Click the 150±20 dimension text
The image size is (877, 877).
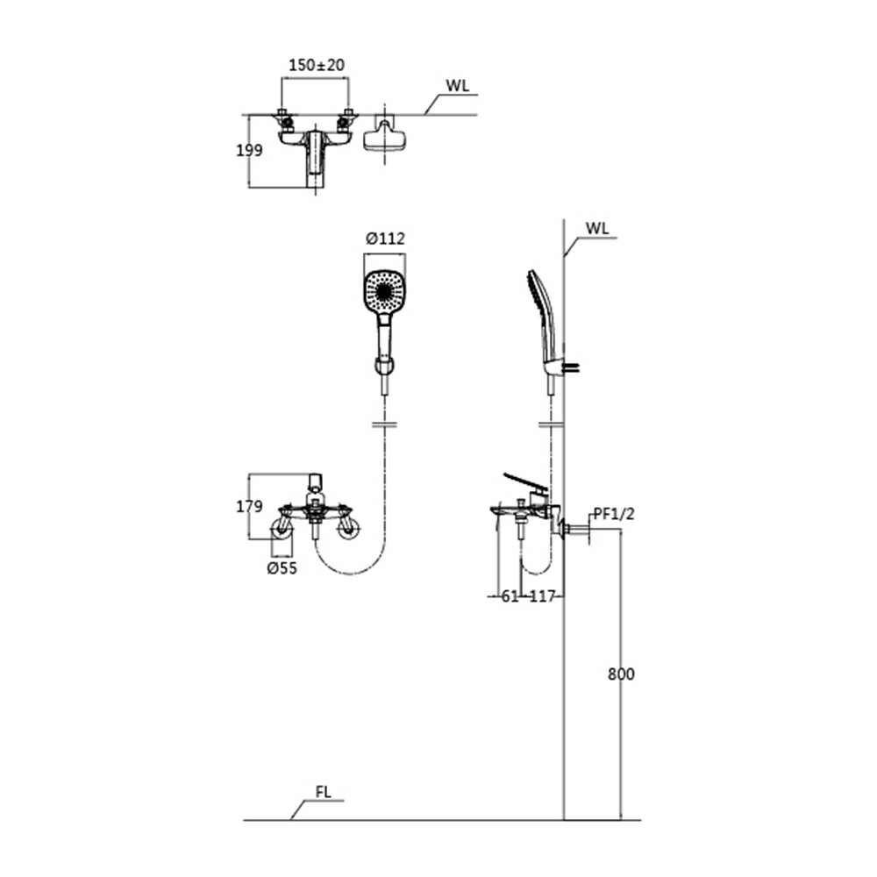317,65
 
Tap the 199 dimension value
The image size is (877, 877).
249,150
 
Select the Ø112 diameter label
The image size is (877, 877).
385,239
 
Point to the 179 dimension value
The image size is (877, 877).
249,506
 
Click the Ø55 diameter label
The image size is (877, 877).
282,568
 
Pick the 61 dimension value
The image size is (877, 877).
510,596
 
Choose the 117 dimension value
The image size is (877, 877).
542,596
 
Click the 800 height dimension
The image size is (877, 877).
622,674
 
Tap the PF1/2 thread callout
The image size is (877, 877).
614,513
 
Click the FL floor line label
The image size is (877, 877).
324,792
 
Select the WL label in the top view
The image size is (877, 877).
458,86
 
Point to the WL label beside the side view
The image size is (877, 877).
597,228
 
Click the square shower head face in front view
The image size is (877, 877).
385,291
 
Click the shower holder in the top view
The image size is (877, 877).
384,136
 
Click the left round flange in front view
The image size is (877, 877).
282,528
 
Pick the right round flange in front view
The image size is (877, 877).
349,528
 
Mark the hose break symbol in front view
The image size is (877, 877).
385,425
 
